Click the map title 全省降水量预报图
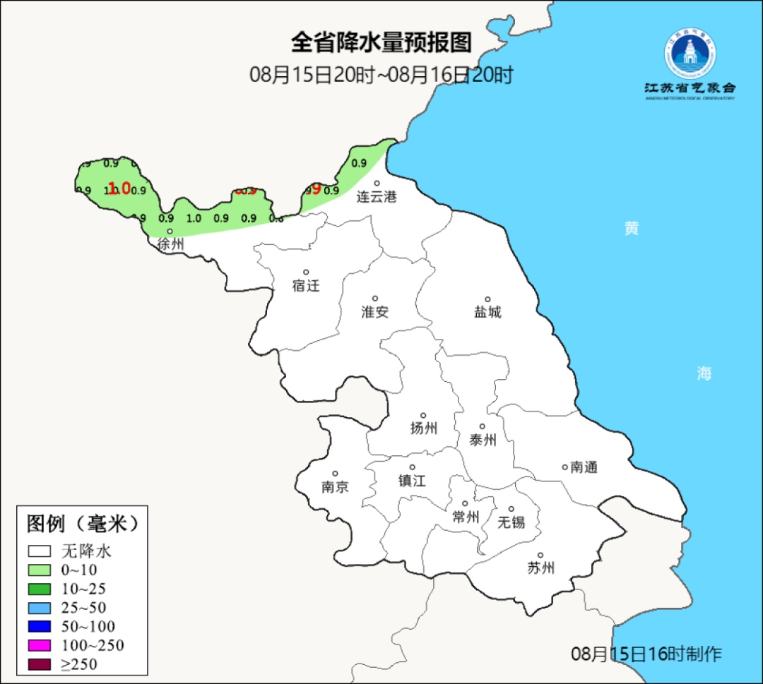click(381, 43)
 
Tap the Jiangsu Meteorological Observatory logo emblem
click(690, 53)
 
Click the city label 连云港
click(377, 197)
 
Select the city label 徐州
click(171, 245)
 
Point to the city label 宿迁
click(306, 286)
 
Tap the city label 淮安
click(375, 312)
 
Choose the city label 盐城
click(487, 312)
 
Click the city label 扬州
click(424, 428)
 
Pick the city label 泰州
click(483, 440)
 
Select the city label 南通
click(584, 467)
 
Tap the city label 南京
click(335, 487)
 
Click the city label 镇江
click(413, 481)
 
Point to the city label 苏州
click(541, 568)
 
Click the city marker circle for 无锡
click(511, 509)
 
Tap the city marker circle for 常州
click(465, 503)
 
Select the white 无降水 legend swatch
click(40, 551)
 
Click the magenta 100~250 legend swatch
click(40, 645)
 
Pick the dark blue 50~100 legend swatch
click(40, 626)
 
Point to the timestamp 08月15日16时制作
click(646, 654)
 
